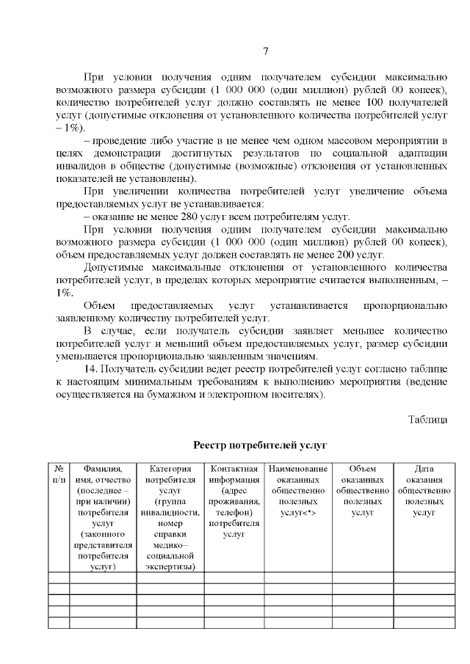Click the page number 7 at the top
[x=266, y=51]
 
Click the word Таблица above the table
[x=427, y=419]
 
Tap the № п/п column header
[x=59, y=474]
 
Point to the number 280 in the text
[x=172, y=216]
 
